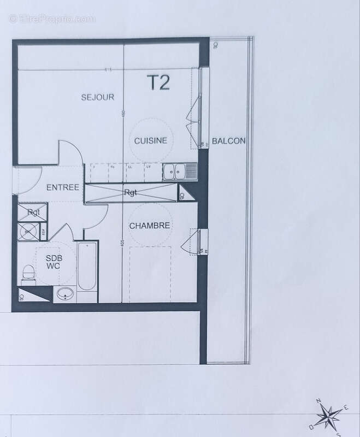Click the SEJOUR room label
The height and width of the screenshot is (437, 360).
[97, 97]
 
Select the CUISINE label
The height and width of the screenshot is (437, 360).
[151, 140]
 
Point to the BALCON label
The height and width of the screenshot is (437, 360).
[229, 141]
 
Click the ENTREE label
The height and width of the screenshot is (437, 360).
[63, 187]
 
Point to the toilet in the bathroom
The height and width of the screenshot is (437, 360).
[27, 273]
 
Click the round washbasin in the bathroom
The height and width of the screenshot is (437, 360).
[66, 294]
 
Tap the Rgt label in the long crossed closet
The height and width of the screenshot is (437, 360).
[131, 192]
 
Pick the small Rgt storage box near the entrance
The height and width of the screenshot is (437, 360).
[33, 212]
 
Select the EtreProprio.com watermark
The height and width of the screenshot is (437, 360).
[52, 19]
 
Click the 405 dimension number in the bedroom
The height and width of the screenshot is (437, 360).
[123, 241]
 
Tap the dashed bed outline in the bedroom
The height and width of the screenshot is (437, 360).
[150, 273]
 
